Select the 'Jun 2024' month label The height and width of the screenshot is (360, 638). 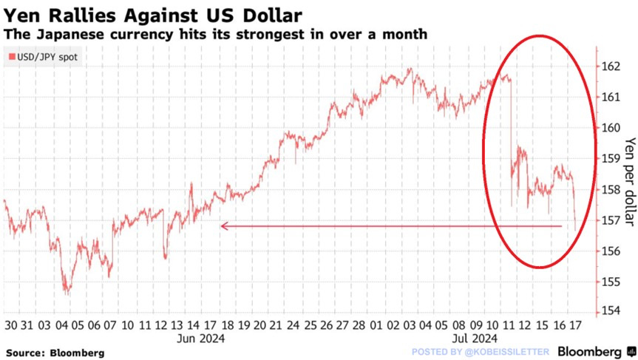tap(201, 339)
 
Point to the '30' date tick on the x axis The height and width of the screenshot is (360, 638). tap(11, 326)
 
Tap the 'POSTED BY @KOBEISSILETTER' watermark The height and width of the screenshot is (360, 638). tap(480, 353)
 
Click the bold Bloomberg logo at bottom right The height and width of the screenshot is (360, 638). tap(589, 352)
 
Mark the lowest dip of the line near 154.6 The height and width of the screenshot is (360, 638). tap(68, 294)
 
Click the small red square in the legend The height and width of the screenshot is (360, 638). tap(10, 57)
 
